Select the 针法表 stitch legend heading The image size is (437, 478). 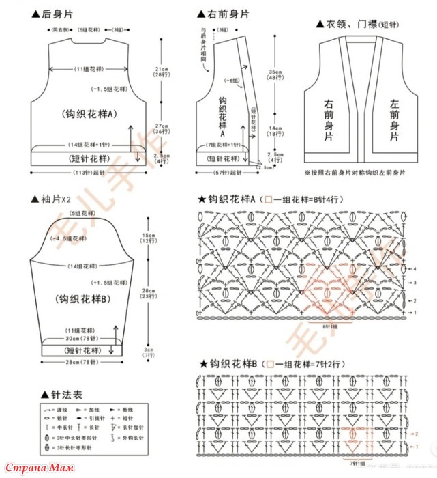click(61, 395)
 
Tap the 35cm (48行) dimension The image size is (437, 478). click(275, 76)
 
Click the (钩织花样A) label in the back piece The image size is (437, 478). click(89, 114)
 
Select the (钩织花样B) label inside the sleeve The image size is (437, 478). click(80, 298)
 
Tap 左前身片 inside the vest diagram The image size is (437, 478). click(393, 121)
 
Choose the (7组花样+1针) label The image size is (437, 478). click(224, 145)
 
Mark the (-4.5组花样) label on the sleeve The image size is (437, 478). click(69, 238)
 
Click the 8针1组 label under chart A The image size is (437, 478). click(330, 326)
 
